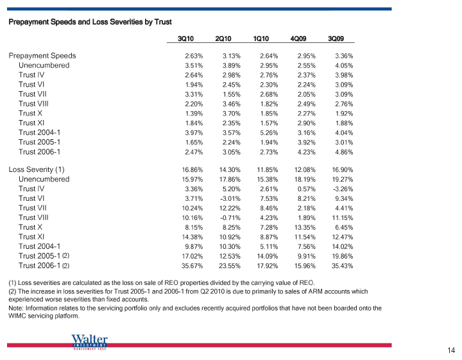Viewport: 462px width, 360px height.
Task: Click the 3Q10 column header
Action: (x=185, y=39)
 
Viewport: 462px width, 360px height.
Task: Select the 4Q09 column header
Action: (x=298, y=39)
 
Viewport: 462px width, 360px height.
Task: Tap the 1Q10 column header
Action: (x=261, y=39)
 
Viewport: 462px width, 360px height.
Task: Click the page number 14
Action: (x=451, y=350)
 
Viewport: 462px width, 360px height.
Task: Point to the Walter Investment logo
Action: (x=89, y=342)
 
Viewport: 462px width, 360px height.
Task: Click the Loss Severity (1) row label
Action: (x=37, y=169)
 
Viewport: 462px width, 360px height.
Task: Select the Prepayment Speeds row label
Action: (x=42, y=56)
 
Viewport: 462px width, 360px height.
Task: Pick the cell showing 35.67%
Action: (x=192, y=266)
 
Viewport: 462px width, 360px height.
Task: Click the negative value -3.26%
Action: (x=342, y=189)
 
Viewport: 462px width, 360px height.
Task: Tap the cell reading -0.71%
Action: (x=230, y=218)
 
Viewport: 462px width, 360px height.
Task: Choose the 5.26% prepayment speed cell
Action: (x=269, y=133)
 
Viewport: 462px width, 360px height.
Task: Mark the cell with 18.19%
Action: (x=305, y=180)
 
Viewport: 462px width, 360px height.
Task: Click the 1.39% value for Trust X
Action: (x=194, y=114)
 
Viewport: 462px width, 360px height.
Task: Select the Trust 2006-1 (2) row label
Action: (x=44, y=266)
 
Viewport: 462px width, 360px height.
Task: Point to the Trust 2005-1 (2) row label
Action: (x=44, y=256)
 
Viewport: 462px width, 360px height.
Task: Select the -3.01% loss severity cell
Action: (x=230, y=198)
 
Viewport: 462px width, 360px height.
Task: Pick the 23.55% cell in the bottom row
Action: (x=230, y=266)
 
